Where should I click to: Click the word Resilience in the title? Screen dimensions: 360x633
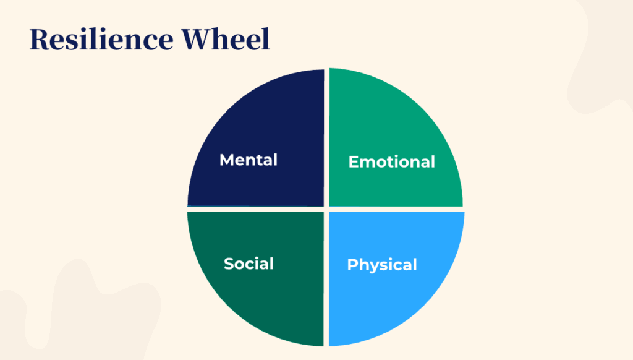pyautogui.click(x=99, y=40)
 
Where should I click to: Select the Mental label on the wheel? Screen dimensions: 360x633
pyautogui.click(x=249, y=160)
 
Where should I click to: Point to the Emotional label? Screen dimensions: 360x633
pyautogui.click(x=391, y=162)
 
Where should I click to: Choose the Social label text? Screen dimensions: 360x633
pyautogui.click(x=249, y=264)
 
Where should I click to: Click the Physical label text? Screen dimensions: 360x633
pyautogui.click(x=382, y=265)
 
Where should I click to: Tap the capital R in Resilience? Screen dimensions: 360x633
pyautogui.click(x=40, y=40)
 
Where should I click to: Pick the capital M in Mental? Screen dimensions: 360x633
pyautogui.click(x=226, y=160)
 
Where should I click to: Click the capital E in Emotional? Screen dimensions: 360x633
pyautogui.click(x=353, y=162)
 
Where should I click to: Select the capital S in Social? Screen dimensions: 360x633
pyautogui.click(x=228, y=264)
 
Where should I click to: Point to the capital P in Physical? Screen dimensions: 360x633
pyautogui.click(x=352, y=265)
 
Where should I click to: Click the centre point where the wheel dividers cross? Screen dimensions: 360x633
pyautogui.click(x=326, y=209)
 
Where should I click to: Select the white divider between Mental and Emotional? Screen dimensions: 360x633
pyautogui.click(x=326, y=136)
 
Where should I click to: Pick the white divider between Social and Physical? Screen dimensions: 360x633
pyautogui.click(x=326, y=278)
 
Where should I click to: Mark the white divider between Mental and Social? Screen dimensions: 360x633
pyautogui.click(x=253, y=209)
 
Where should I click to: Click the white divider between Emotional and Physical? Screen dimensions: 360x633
pyautogui.click(x=396, y=209)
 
